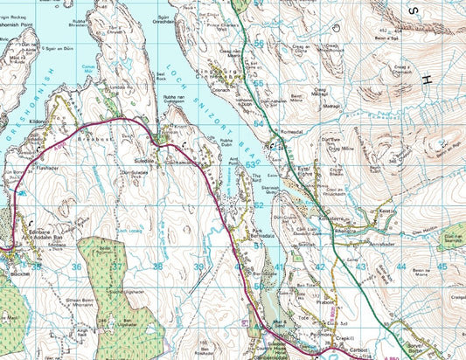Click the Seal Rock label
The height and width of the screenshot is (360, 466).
160,76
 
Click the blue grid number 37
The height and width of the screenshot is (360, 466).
116,267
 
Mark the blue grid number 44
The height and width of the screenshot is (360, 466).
400,266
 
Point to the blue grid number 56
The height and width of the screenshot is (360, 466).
259,43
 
